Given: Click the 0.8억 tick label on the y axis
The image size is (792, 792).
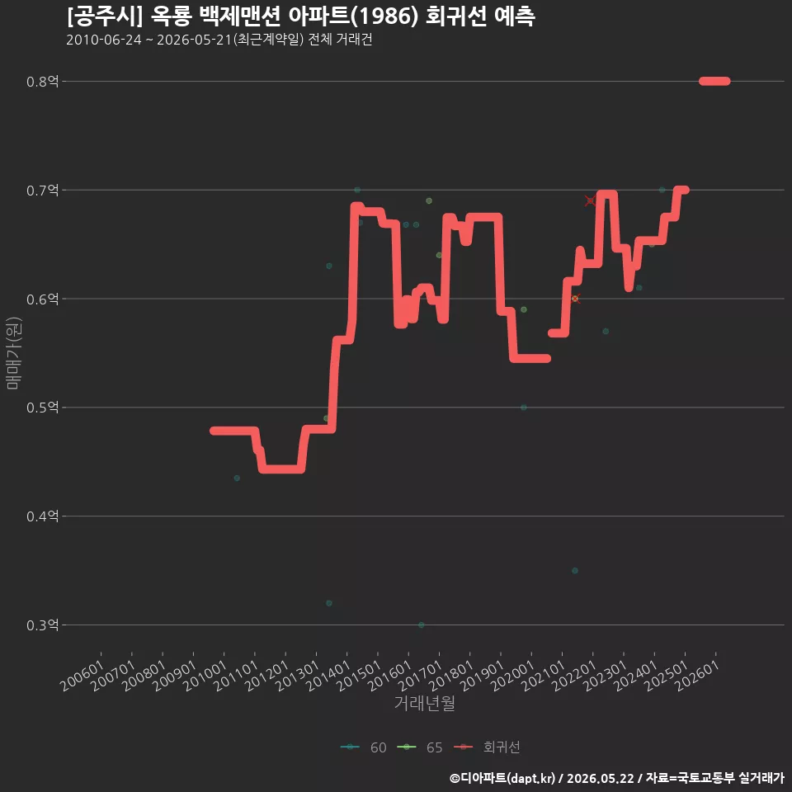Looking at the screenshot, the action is (42, 82).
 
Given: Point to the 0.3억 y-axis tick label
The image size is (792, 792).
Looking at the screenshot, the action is (42, 625).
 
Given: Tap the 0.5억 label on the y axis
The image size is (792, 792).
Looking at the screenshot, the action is (42, 408).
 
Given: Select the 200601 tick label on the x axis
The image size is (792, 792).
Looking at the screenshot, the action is (82, 676).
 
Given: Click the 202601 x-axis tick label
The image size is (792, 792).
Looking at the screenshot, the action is (697, 676).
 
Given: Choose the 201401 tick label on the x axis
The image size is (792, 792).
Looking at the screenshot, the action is (328, 676).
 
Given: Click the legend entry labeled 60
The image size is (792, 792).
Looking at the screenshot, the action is (364, 747).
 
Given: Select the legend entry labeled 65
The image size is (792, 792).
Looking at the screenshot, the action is (420, 747).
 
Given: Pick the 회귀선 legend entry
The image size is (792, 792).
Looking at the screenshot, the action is (487, 747).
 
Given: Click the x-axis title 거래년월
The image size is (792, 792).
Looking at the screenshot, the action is (424, 703).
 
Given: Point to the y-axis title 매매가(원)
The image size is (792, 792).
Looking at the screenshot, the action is (13, 353).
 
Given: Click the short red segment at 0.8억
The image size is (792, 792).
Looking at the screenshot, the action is (714, 82).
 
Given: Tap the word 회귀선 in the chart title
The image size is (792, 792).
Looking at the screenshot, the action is (456, 16).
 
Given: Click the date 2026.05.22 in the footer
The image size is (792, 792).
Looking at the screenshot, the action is (600, 778).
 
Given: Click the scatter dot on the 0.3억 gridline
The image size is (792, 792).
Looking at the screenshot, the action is (422, 625).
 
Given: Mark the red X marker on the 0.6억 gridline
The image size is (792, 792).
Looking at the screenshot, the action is (575, 299).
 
